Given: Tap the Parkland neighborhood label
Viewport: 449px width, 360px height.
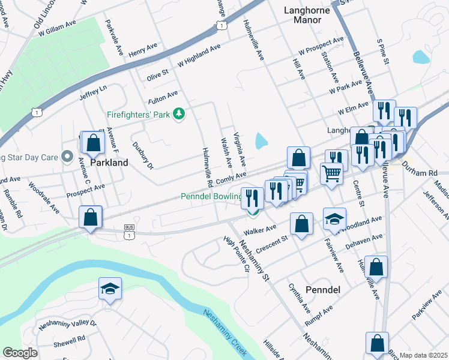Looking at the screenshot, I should click(x=109, y=163).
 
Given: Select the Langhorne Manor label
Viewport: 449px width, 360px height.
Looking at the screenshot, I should click(x=304, y=15).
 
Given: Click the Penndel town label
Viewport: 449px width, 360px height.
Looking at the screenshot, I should click(x=323, y=290).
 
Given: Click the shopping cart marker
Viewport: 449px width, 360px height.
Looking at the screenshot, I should click(x=331, y=174).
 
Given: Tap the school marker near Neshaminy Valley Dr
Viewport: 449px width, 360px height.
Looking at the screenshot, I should click(x=109, y=289).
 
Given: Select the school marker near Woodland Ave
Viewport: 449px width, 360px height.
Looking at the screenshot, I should click(x=334, y=220).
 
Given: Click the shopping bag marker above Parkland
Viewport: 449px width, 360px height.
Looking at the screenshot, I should click(x=92, y=143).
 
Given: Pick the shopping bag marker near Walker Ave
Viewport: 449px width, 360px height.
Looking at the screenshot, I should click(x=301, y=224).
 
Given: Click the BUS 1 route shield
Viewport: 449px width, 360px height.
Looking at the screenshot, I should click(x=128, y=232).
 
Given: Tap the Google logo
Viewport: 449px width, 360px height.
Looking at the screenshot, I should click(x=20, y=353).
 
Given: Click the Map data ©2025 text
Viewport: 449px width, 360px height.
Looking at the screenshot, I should click(x=423, y=355).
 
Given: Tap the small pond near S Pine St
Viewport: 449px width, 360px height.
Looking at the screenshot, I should click(x=421, y=57).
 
